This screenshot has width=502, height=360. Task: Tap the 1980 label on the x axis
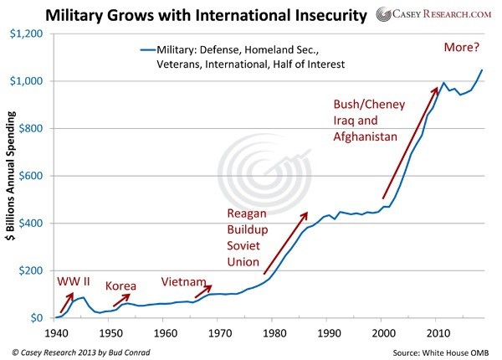pos(273,332)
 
